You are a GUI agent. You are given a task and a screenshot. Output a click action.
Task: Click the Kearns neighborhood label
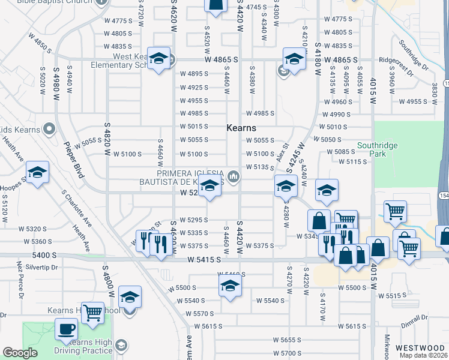241,128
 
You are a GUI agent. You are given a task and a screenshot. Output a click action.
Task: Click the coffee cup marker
66,329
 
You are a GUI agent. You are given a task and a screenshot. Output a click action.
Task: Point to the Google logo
19,353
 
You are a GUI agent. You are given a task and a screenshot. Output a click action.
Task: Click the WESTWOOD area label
420,348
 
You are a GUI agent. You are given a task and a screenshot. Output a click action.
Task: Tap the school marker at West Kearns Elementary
158,59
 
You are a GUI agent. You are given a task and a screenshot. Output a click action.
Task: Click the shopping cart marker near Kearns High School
92,312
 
